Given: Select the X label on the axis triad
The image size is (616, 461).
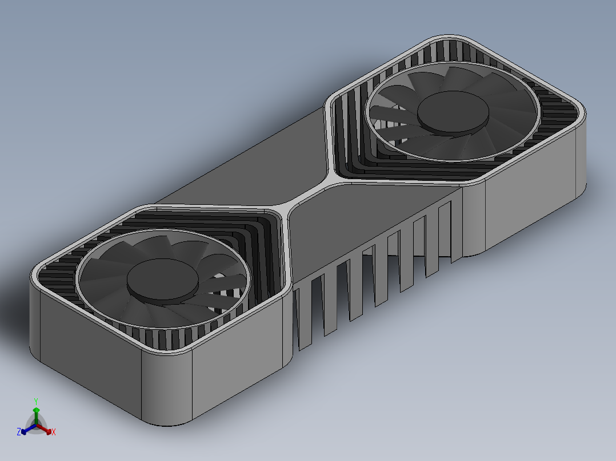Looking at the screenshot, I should (54, 432).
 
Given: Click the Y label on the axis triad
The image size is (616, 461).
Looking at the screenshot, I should (35, 401).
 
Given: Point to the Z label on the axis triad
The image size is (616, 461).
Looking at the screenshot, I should (19, 432).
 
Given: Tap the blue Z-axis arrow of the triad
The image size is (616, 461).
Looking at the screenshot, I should (25, 430).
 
